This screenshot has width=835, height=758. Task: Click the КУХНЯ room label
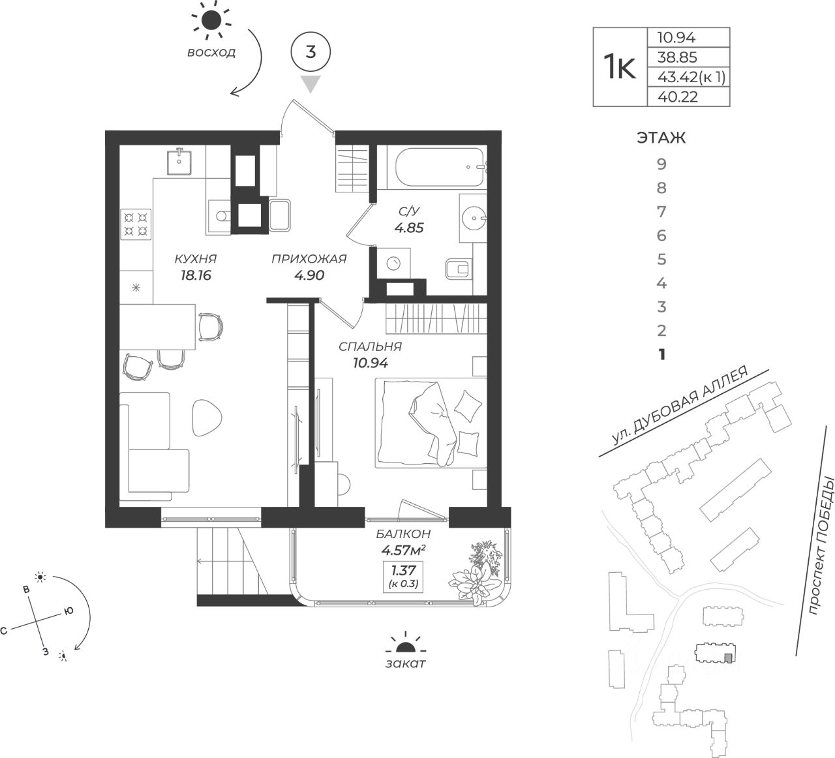pos(195,259)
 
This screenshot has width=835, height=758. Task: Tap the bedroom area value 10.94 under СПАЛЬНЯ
pos(371,364)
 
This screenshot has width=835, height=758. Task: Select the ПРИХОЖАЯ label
pos(309,259)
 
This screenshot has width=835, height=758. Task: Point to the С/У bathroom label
pos(409,211)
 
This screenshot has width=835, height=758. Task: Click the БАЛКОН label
pos(403,533)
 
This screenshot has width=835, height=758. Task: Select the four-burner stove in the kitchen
pos(136,224)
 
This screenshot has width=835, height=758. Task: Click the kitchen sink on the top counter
pos(178,161)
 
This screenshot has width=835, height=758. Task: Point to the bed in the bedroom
pos(429,423)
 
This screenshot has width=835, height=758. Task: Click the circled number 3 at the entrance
pos(311,52)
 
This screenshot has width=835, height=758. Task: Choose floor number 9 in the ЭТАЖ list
pos(661,164)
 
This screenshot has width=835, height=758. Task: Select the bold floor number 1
pos(661,355)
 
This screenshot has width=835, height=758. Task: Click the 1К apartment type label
pos(619,67)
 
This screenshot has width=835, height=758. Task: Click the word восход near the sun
pos(211,53)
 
